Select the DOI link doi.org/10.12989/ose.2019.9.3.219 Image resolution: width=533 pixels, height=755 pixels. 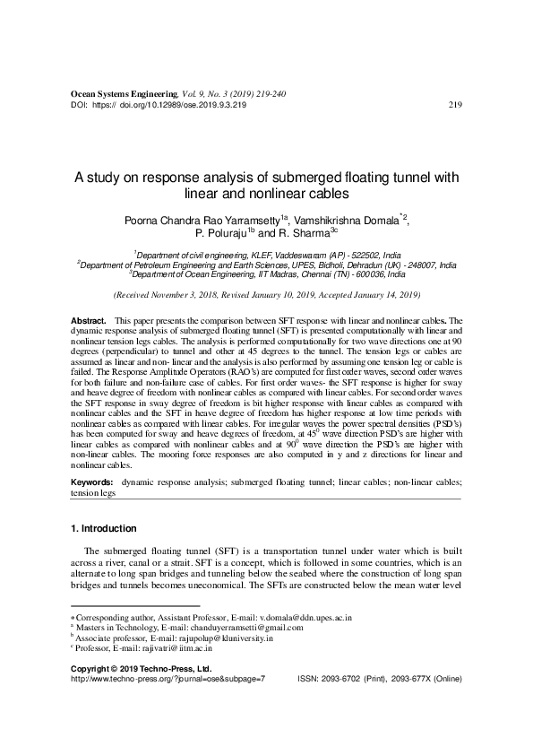click(x=182, y=105)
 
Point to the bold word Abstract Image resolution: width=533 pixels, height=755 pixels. click(x=87, y=320)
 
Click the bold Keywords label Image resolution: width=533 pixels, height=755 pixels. click(x=91, y=482)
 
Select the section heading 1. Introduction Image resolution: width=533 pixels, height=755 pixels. click(x=103, y=528)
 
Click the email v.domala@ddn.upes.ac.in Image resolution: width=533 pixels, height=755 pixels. click(x=305, y=618)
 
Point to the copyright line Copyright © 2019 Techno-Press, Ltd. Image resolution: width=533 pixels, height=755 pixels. click(x=141, y=669)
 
